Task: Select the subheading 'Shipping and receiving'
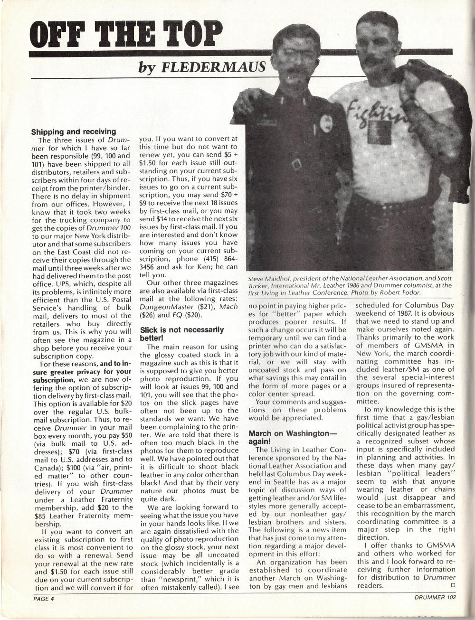click(x=73, y=132)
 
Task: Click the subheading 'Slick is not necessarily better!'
click(x=182, y=334)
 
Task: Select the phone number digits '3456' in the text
click(x=147, y=267)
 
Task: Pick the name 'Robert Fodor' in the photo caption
click(x=421, y=293)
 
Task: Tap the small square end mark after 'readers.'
click(x=451, y=586)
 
